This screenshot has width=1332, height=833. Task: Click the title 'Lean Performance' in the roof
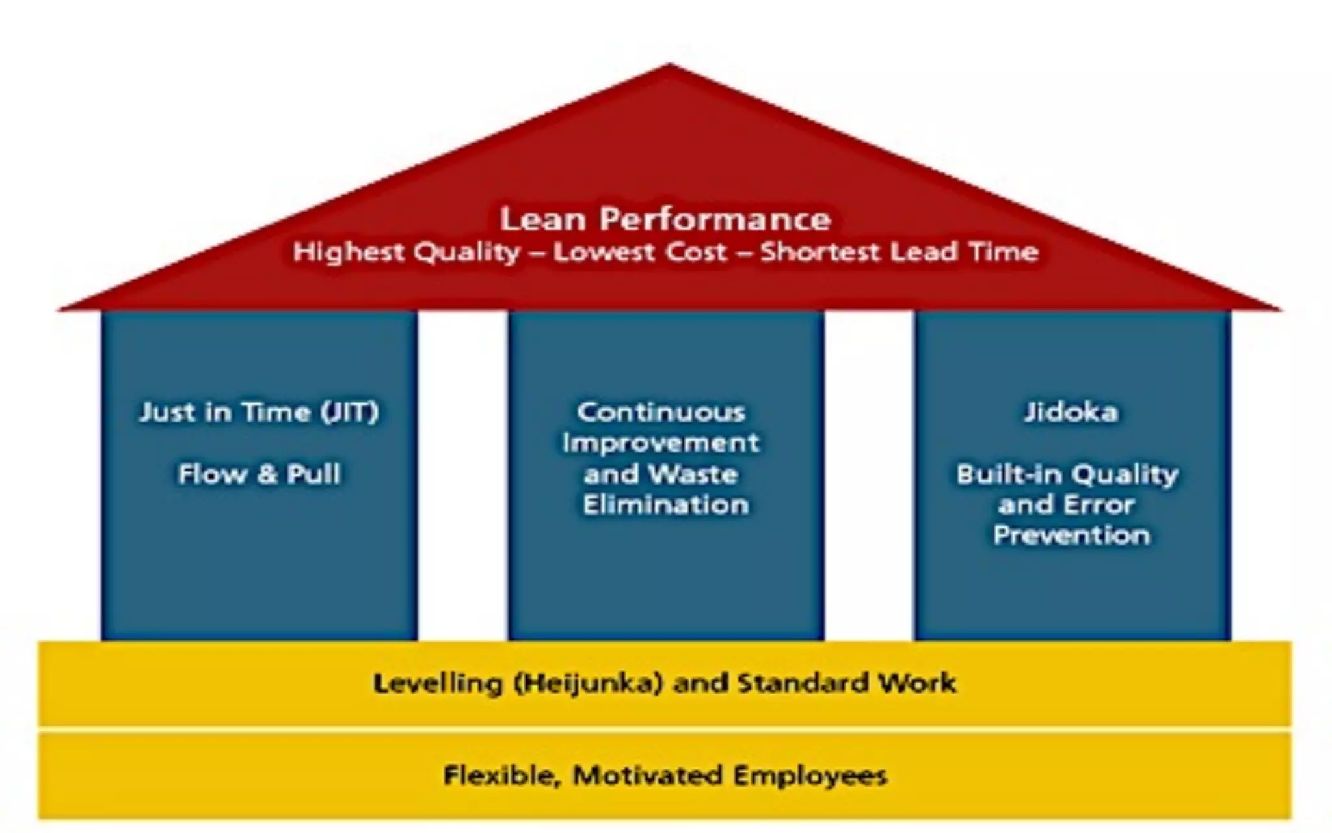point(665,219)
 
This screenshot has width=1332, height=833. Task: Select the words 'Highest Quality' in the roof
point(406,252)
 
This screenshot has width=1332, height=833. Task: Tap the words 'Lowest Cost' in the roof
point(639,252)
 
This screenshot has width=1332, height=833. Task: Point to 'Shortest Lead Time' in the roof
point(899,252)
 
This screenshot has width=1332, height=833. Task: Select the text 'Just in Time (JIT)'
point(259,412)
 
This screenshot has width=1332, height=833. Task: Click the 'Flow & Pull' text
point(259,474)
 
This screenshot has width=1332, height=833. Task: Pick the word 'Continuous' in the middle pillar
point(661,412)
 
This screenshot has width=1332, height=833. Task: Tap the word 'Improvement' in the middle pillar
point(661,443)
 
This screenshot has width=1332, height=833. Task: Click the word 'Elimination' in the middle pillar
point(665,505)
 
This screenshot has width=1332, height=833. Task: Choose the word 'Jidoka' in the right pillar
point(1071,412)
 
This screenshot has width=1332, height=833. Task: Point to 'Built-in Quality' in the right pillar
point(1067,474)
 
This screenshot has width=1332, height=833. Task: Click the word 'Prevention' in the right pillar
point(1071,536)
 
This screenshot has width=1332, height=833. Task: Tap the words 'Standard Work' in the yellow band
point(847,683)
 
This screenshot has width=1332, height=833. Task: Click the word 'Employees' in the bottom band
point(810,776)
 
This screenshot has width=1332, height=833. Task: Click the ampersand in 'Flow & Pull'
point(267,474)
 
